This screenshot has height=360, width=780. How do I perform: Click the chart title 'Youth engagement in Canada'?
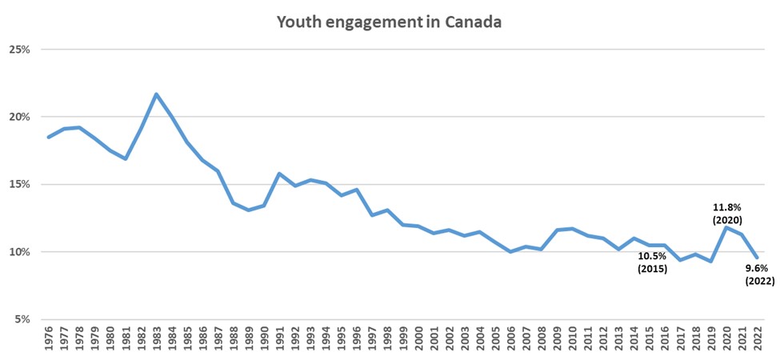[389, 22]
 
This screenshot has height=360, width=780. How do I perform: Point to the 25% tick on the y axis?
[18, 50]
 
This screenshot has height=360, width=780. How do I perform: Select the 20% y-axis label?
[18, 117]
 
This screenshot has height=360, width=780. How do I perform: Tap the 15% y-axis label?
[18, 185]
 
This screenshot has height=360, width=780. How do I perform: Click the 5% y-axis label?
[21, 320]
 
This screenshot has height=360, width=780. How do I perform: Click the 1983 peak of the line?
[156, 94]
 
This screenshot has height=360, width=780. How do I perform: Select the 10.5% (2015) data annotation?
[652, 262]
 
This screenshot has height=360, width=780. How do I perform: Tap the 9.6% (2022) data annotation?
[759, 274]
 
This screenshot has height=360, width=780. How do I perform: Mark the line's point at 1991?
[279, 174]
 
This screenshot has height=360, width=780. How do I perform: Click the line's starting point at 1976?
[49, 137]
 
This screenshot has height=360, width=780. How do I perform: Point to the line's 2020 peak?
[726, 227]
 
